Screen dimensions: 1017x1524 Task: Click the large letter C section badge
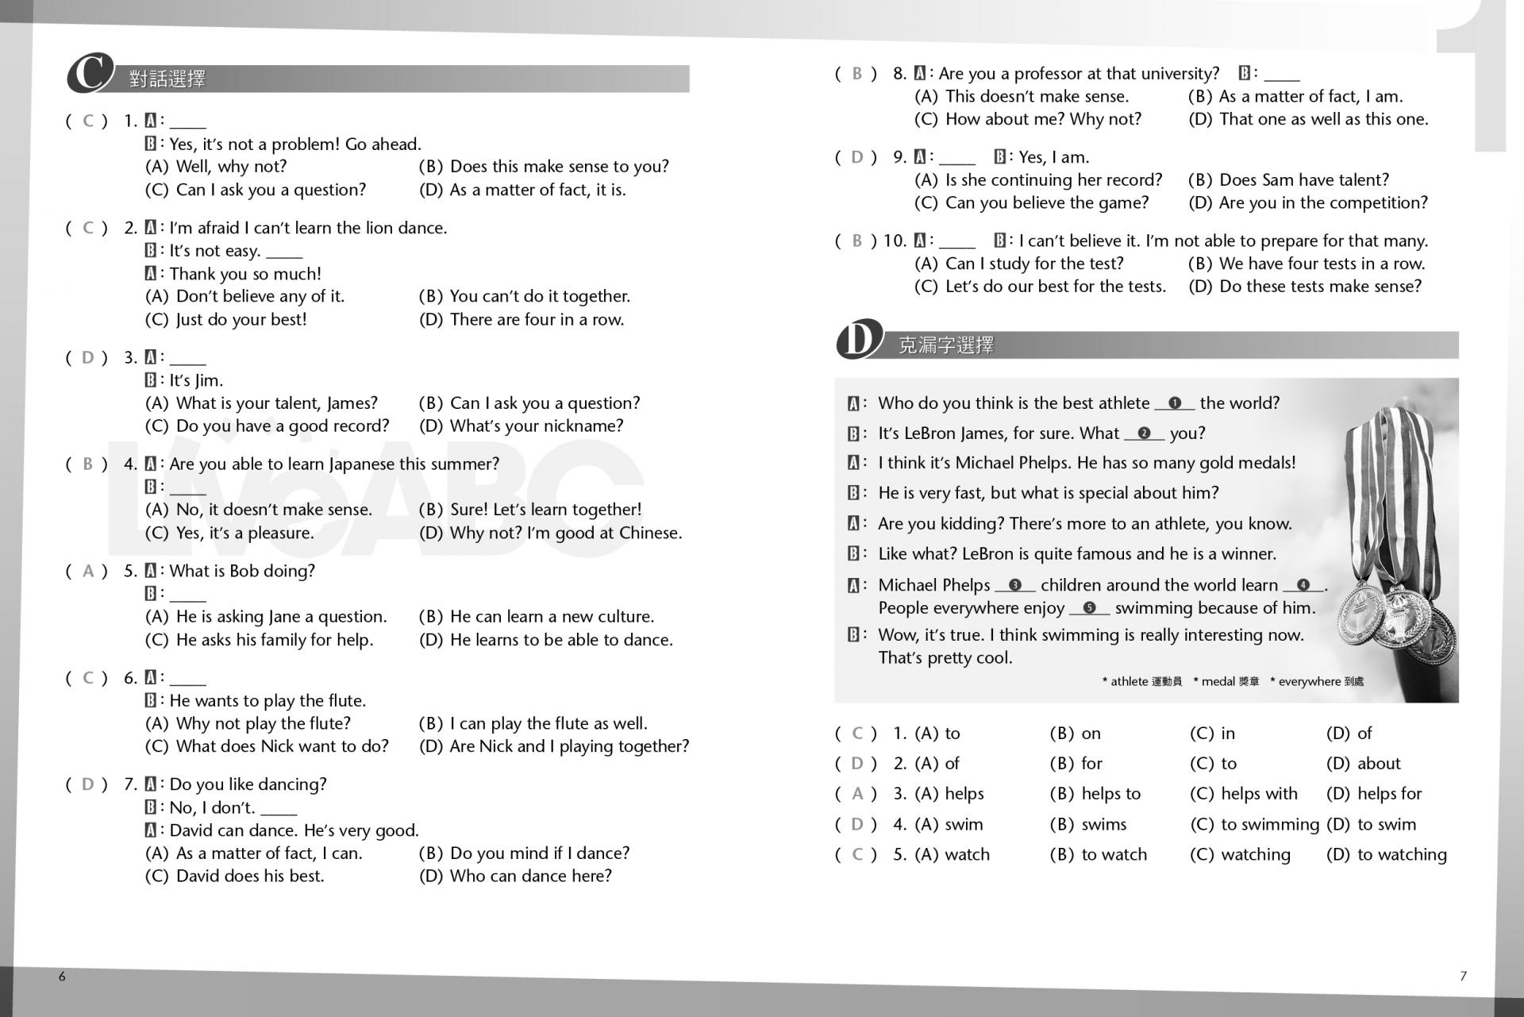point(90,74)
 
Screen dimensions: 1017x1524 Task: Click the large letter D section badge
point(858,340)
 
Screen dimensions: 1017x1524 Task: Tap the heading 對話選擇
point(167,79)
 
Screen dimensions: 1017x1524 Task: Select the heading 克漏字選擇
point(945,345)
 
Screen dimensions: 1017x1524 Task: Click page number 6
point(62,977)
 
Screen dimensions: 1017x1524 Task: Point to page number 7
point(1463,977)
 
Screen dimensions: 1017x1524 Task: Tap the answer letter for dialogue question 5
point(88,571)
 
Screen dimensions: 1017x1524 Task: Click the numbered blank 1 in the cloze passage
point(1175,403)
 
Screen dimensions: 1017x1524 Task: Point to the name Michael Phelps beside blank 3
point(934,585)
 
